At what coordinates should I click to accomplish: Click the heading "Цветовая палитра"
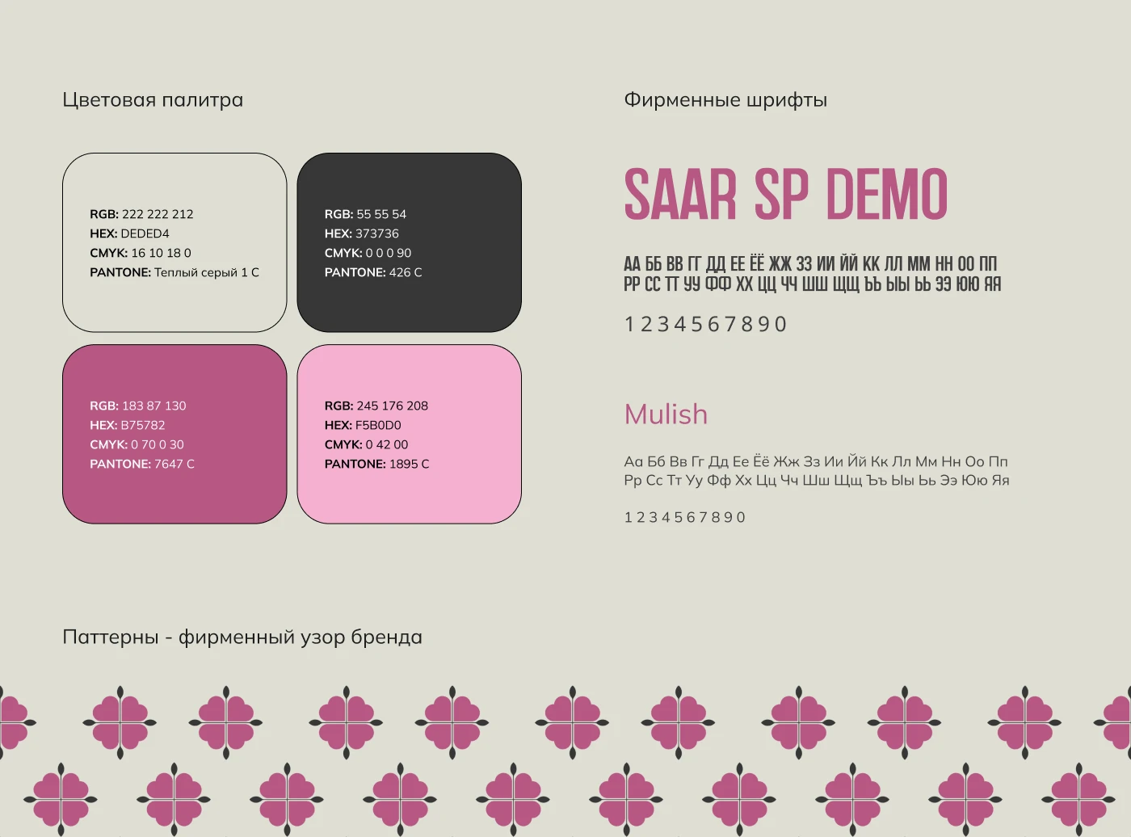pos(153,100)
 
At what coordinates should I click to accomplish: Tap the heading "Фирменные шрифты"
pos(725,100)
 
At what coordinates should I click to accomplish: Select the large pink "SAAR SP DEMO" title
pos(786,195)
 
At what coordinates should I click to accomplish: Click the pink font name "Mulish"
pos(666,414)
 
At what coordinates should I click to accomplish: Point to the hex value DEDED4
pos(145,233)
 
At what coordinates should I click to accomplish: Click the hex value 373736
pos(376,233)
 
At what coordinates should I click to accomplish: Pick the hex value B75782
pos(143,426)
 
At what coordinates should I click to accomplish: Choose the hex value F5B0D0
pos(378,426)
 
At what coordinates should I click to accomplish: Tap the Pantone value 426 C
pos(406,272)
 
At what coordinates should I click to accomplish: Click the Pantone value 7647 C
pos(174,465)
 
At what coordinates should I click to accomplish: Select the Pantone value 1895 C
pos(409,465)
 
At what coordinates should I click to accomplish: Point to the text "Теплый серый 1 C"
pos(207,272)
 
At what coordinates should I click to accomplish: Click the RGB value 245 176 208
pos(392,406)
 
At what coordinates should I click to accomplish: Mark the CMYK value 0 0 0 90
pos(388,253)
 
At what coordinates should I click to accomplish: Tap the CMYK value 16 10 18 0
pos(161,253)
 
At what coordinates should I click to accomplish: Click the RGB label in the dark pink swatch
pos(104,406)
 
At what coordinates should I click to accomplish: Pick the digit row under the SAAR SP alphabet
pos(706,325)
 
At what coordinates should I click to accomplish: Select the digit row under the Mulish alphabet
pos(685,517)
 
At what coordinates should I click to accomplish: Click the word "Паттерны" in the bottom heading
pos(110,637)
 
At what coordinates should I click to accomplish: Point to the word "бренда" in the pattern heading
pos(386,637)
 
